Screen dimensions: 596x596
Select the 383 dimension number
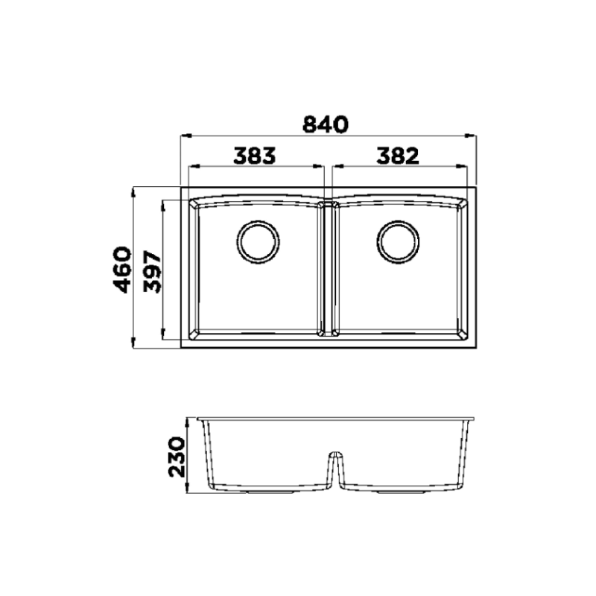tap(255, 155)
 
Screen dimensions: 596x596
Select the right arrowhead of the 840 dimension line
tap(472, 136)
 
